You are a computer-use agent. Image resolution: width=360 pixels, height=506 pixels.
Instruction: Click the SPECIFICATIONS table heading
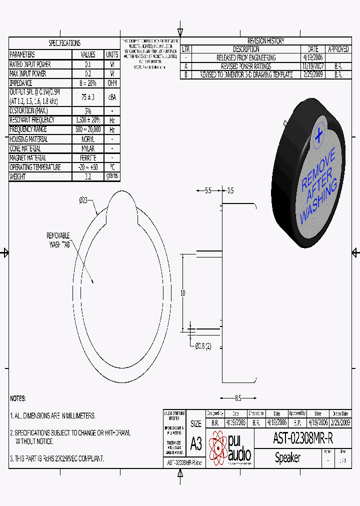click(x=64, y=43)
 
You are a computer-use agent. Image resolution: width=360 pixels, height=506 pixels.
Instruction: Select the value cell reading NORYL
click(x=88, y=139)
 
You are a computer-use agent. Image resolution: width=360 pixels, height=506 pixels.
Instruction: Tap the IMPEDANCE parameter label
click(x=21, y=83)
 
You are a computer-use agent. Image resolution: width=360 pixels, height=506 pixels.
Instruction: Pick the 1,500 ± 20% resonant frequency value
click(x=88, y=120)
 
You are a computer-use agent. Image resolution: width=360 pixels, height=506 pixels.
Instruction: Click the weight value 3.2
click(x=88, y=176)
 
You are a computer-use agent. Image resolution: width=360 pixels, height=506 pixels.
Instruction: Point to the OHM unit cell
click(x=112, y=83)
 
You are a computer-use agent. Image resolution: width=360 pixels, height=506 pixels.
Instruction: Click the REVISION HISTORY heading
click(x=265, y=41)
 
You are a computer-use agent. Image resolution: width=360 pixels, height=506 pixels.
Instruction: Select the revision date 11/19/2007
click(x=313, y=66)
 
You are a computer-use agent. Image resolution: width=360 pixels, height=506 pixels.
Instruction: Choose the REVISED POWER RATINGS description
click(x=246, y=66)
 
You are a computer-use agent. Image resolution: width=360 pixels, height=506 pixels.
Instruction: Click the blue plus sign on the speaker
click(x=318, y=135)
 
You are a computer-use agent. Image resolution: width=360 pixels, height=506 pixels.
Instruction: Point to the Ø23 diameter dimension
click(x=83, y=200)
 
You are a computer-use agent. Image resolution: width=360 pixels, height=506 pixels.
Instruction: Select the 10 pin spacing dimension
click(x=183, y=292)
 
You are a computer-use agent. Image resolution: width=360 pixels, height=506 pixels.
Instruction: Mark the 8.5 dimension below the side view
click(x=238, y=398)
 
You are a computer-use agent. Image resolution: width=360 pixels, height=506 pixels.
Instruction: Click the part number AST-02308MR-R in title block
click(x=302, y=438)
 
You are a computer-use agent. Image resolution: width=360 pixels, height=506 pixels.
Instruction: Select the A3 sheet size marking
click(x=196, y=443)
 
